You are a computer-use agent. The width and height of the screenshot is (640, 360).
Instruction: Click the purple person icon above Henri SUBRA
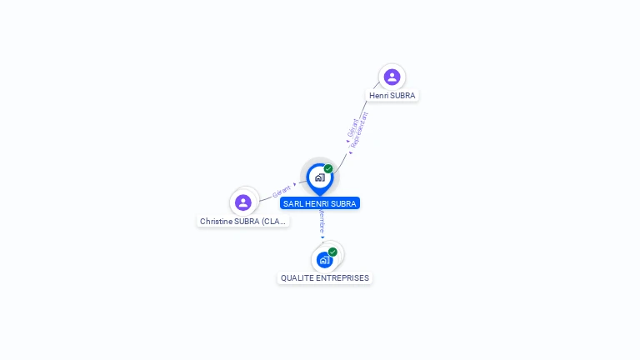coord(392,77)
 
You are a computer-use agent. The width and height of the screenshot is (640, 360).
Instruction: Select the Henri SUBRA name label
coord(392,96)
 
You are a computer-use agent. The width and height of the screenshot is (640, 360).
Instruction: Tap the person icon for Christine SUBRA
coord(242,202)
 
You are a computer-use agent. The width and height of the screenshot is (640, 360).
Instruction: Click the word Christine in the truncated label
coord(216,221)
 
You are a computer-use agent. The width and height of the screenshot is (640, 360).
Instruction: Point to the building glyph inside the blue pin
coord(320,177)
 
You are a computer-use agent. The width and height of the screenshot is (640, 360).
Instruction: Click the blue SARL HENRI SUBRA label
coord(320,203)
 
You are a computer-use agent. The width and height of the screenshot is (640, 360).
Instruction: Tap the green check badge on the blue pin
coord(328,168)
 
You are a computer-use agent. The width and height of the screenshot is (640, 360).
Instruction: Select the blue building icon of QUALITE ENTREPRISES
coord(324,260)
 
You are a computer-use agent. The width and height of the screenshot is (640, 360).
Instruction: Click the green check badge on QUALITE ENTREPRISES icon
coord(332,252)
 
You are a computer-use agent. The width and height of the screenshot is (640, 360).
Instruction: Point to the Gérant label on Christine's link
coord(281,192)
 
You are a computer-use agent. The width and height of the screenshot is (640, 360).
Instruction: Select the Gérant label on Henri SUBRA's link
coord(352,128)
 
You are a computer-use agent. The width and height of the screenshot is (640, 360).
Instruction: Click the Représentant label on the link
coord(359,130)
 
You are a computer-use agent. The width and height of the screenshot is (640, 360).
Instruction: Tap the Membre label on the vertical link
coord(322,222)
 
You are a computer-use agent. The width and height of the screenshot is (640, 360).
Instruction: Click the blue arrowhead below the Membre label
coord(322,237)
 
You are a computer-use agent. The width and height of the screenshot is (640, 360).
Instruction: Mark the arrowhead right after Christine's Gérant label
coord(295,184)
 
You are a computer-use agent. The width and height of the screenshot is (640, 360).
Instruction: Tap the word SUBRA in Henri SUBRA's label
coord(402,96)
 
